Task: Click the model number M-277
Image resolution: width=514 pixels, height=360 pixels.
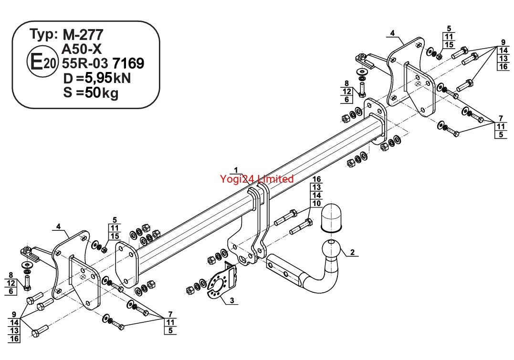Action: coord(83,34)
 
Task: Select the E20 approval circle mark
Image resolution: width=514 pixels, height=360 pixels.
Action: coord(42,62)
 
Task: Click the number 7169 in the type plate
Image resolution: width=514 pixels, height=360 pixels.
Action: coord(128,63)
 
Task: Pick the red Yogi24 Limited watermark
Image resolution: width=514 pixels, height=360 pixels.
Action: coord(257,179)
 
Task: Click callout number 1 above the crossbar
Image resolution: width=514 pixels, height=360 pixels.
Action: coord(236,170)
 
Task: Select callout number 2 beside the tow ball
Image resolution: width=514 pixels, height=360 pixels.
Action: coord(352,252)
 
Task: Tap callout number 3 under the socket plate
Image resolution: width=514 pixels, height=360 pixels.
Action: coord(232,300)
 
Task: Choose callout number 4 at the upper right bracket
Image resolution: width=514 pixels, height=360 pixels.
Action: coord(392,33)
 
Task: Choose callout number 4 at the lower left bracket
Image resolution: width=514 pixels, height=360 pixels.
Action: coord(58,226)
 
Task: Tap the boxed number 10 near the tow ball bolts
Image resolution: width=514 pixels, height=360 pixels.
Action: coord(316,204)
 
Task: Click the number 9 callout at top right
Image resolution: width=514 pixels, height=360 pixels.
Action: coord(504,42)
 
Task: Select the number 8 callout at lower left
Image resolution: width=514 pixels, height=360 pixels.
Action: coord(11,275)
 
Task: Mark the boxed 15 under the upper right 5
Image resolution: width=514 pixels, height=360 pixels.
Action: coord(449,45)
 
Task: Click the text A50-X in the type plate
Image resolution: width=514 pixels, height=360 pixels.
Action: coord(82,49)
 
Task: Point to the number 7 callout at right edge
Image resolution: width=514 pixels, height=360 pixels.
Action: coord(501,118)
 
